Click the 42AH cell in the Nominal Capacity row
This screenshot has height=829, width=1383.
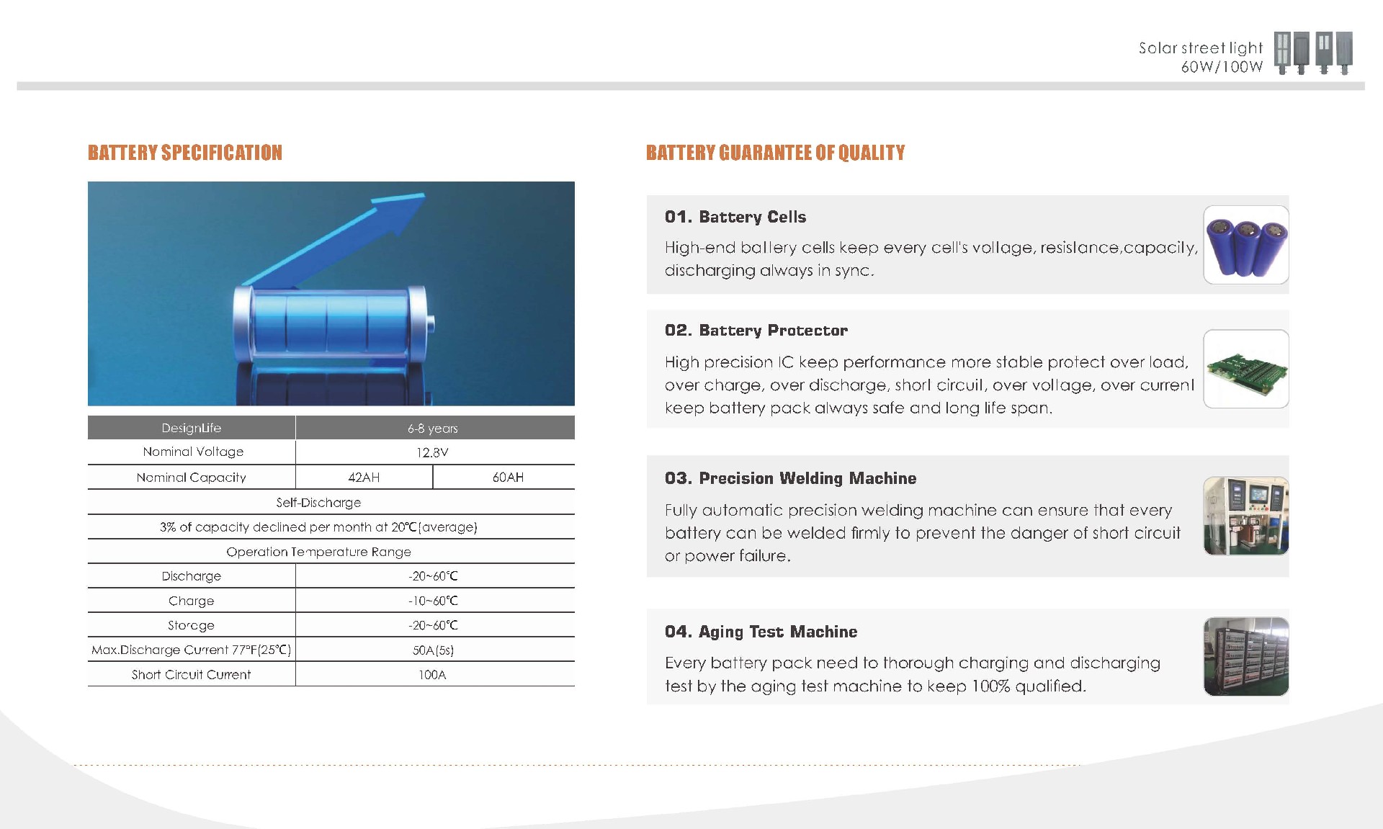point(364,478)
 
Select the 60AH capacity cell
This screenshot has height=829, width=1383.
point(508,478)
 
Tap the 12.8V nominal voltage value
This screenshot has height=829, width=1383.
point(432,452)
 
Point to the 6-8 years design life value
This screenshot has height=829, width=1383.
point(432,429)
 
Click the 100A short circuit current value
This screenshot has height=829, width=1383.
point(432,675)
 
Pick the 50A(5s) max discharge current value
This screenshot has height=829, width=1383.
point(433,650)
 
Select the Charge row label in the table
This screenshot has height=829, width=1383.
point(191,601)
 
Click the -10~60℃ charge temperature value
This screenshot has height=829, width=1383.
point(433,601)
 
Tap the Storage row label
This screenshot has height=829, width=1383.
point(191,625)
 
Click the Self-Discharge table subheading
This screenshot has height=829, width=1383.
point(318,503)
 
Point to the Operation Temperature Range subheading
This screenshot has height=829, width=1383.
point(318,552)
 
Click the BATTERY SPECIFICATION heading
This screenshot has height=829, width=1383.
point(185,153)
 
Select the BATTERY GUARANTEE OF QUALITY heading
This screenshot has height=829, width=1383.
point(775,153)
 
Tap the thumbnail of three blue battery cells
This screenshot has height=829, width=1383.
point(1245,245)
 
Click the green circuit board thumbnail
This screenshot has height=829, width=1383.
point(1245,369)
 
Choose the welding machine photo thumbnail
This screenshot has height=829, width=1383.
point(1245,516)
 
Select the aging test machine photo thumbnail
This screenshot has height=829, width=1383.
point(1245,656)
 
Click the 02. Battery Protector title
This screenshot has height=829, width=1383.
point(756,331)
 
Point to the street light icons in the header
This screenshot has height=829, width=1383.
point(1312,53)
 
